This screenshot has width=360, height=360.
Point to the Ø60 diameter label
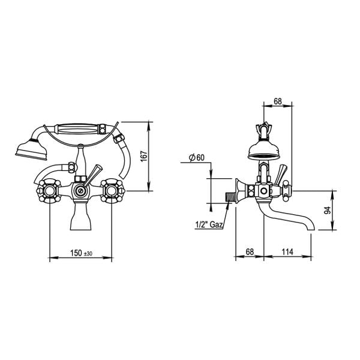[196, 158]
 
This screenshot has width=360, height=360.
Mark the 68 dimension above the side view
[278, 103]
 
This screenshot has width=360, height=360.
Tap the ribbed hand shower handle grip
[76, 128]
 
